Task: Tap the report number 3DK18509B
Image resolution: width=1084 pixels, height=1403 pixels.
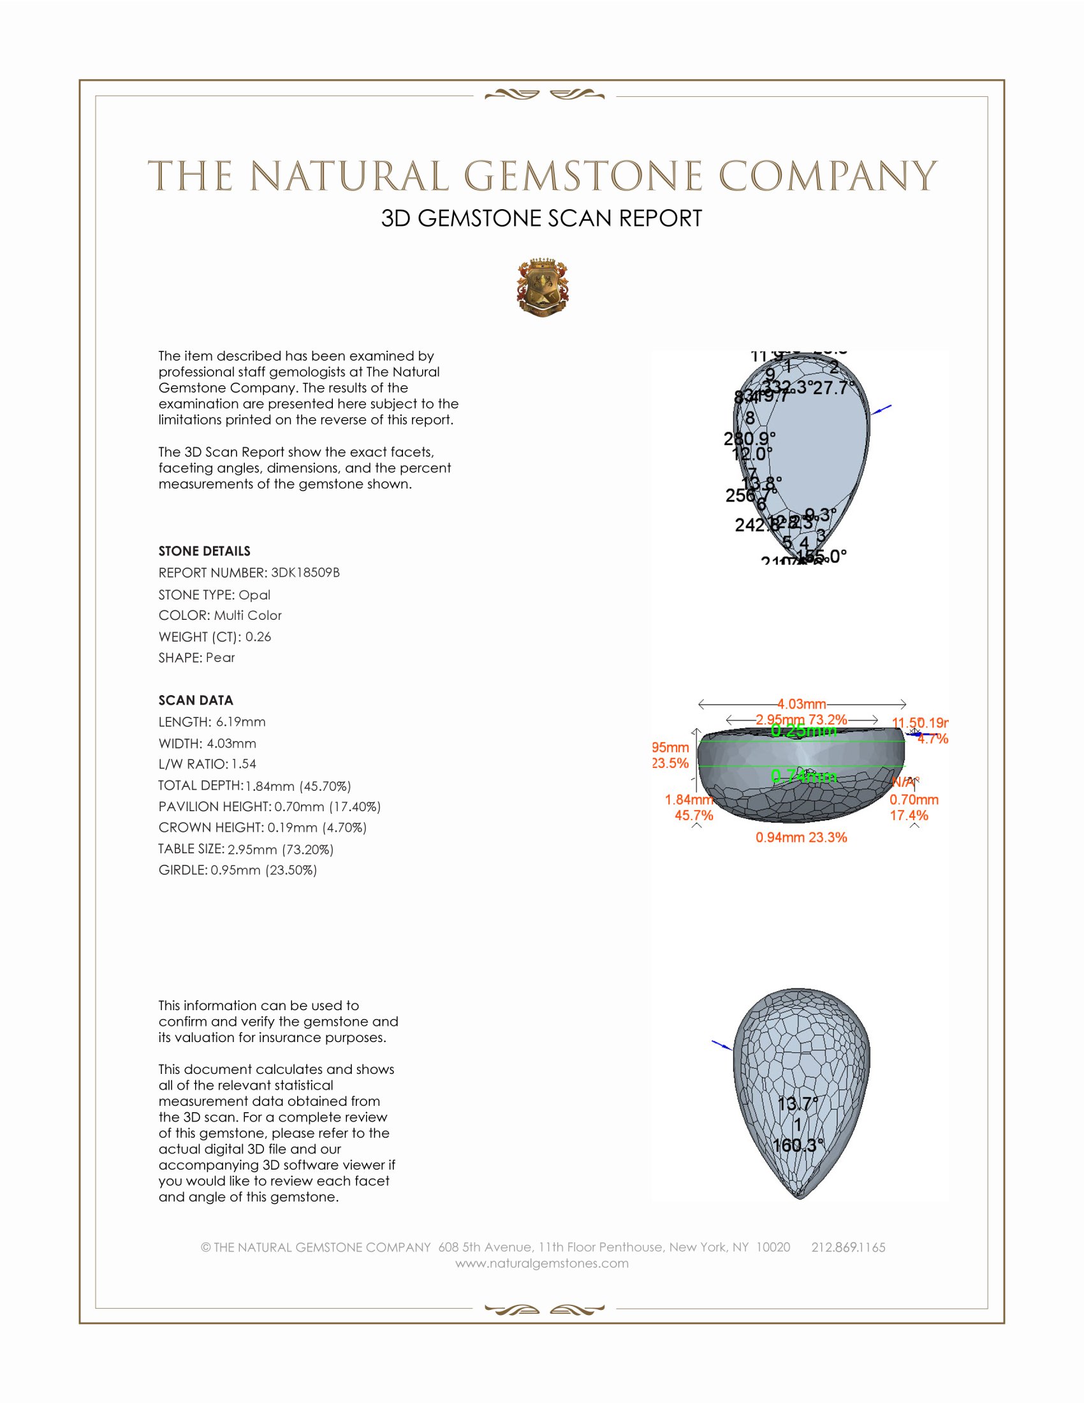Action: point(305,573)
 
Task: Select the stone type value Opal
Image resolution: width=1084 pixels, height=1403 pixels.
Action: point(254,595)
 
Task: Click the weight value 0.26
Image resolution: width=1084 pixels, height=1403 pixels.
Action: point(258,636)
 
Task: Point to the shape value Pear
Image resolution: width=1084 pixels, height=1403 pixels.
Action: point(220,657)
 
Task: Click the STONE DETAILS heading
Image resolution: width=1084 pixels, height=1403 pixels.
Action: point(204,551)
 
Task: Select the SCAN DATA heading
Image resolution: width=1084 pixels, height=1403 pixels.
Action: point(196,700)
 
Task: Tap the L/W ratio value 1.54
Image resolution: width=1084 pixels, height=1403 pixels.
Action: point(244,764)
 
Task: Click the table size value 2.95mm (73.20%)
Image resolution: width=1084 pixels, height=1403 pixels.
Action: point(281,849)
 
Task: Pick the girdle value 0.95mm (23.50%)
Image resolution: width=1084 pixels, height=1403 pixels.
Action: point(263,870)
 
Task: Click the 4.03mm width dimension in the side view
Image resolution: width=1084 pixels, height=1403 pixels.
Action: point(802,704)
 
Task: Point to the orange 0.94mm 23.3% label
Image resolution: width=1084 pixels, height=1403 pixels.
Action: point(801,837)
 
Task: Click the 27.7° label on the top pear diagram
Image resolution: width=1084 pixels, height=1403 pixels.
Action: point(834,388)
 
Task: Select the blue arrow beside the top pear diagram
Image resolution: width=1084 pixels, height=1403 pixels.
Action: point(882,409)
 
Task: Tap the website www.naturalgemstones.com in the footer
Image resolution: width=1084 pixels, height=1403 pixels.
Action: point(542,1263)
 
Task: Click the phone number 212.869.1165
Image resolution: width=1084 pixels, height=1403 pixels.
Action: point(848,1247)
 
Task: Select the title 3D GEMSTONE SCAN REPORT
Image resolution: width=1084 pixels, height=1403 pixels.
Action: point(541,218)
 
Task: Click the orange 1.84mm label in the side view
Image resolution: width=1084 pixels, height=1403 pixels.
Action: point(689,800)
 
